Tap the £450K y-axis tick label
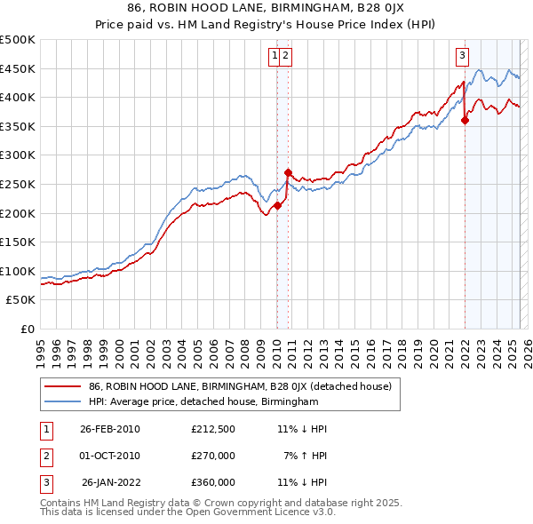(x=18, y=68)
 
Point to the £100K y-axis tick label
(x=18, y=271)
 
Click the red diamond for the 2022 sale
(x=465, y=121)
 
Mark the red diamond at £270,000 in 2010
(x=288, y=172)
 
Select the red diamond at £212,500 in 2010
(x=277, y=205)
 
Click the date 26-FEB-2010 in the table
(x=110, y=428)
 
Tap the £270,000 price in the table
(x=213, y=456)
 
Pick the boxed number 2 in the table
(x=45, y=456)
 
